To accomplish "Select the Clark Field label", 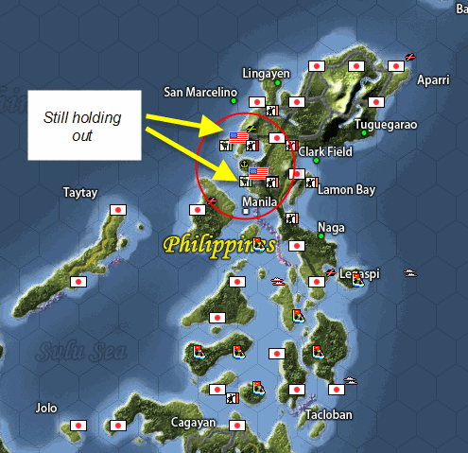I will pos(325,150).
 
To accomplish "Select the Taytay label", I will pos(80,191).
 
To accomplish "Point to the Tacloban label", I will pos(329,415).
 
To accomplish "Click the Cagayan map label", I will pos(193,422).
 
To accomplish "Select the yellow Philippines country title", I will pos(218,245).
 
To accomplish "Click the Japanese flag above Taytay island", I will pos(119,210).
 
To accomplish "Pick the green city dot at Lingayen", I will pos(277,83).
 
